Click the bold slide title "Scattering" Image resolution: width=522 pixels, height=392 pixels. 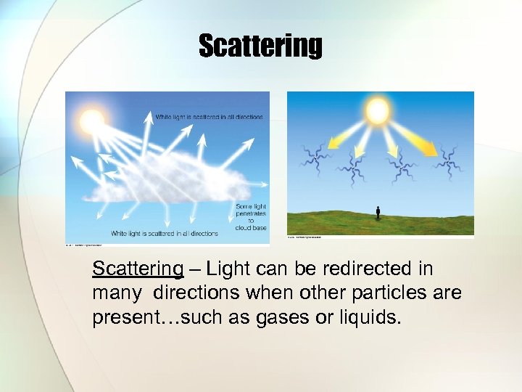tap(260, 46)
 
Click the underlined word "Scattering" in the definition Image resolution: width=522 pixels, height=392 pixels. tap(138, 269)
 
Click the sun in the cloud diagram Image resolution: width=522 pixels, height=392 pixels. tap(93, 121)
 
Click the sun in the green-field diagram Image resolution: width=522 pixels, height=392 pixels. tap(378, 110)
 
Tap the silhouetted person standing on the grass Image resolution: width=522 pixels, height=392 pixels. tap(378, 213)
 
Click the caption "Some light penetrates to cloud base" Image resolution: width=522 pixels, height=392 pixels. tap(250, 216)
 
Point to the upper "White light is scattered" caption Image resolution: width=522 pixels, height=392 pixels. tap(209, 116)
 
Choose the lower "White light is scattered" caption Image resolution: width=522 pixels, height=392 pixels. tap(164, 234)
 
